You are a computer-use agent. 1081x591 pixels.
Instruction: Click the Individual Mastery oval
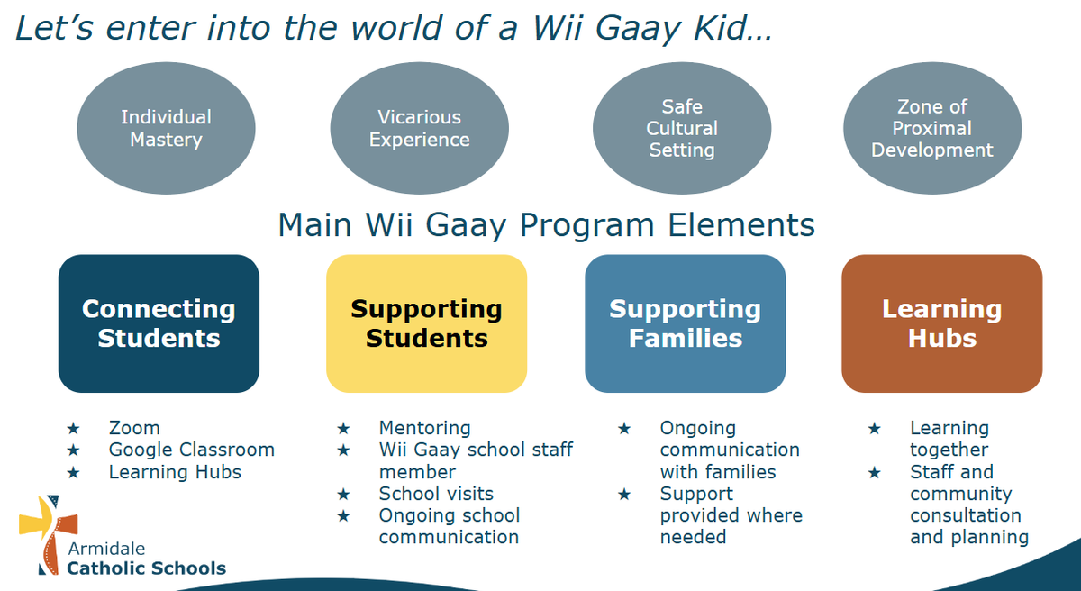166,128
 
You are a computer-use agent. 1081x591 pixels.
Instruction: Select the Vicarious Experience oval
420,128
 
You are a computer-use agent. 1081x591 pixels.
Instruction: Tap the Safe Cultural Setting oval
682,128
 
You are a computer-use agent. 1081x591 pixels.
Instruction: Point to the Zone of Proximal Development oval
932,128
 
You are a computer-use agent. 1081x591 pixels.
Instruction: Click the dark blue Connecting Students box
159,323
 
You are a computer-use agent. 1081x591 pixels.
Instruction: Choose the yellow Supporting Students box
427,323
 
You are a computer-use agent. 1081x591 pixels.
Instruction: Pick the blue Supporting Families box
686,323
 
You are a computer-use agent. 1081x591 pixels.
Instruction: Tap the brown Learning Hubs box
942,323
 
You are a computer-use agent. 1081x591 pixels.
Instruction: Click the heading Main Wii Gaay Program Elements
546,225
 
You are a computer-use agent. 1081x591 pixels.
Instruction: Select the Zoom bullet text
134,428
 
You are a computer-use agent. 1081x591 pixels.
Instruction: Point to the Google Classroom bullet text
192,450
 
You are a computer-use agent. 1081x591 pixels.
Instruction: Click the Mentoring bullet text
424,428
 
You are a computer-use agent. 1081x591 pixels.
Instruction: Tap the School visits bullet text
436,494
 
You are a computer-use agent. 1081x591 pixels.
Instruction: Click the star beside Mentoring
343,428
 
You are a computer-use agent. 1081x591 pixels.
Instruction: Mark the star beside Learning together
874,428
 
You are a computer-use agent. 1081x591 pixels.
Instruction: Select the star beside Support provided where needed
624,494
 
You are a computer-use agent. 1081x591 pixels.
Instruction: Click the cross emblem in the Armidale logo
49,534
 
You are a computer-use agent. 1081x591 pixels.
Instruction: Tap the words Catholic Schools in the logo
146,568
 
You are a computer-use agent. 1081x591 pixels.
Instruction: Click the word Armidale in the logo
106,549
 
